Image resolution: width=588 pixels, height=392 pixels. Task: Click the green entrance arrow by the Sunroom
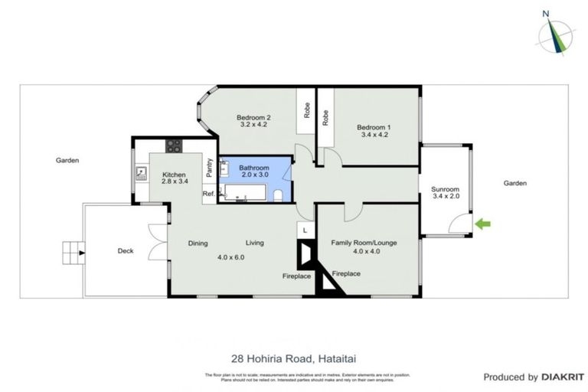[482, 224]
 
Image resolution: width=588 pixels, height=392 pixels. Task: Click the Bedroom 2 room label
[253, 121]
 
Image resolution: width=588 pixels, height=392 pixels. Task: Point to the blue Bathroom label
[253, 171]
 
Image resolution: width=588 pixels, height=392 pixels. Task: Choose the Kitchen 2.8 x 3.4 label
[175, 178]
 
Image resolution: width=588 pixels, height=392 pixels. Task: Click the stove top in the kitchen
[174, 145]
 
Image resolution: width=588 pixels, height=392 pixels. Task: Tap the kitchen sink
[141, 174]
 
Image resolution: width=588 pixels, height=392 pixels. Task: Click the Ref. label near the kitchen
[208, 194]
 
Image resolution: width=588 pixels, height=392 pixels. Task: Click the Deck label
[126, 250]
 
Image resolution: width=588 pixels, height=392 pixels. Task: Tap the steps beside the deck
[73, 250]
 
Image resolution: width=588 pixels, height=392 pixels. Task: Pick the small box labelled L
[305, 230]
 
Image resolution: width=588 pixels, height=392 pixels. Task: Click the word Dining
[198, 243]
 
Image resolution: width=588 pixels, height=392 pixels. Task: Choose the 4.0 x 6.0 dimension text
[230, 257]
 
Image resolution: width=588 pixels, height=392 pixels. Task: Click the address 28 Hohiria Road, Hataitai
[293, 357]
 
